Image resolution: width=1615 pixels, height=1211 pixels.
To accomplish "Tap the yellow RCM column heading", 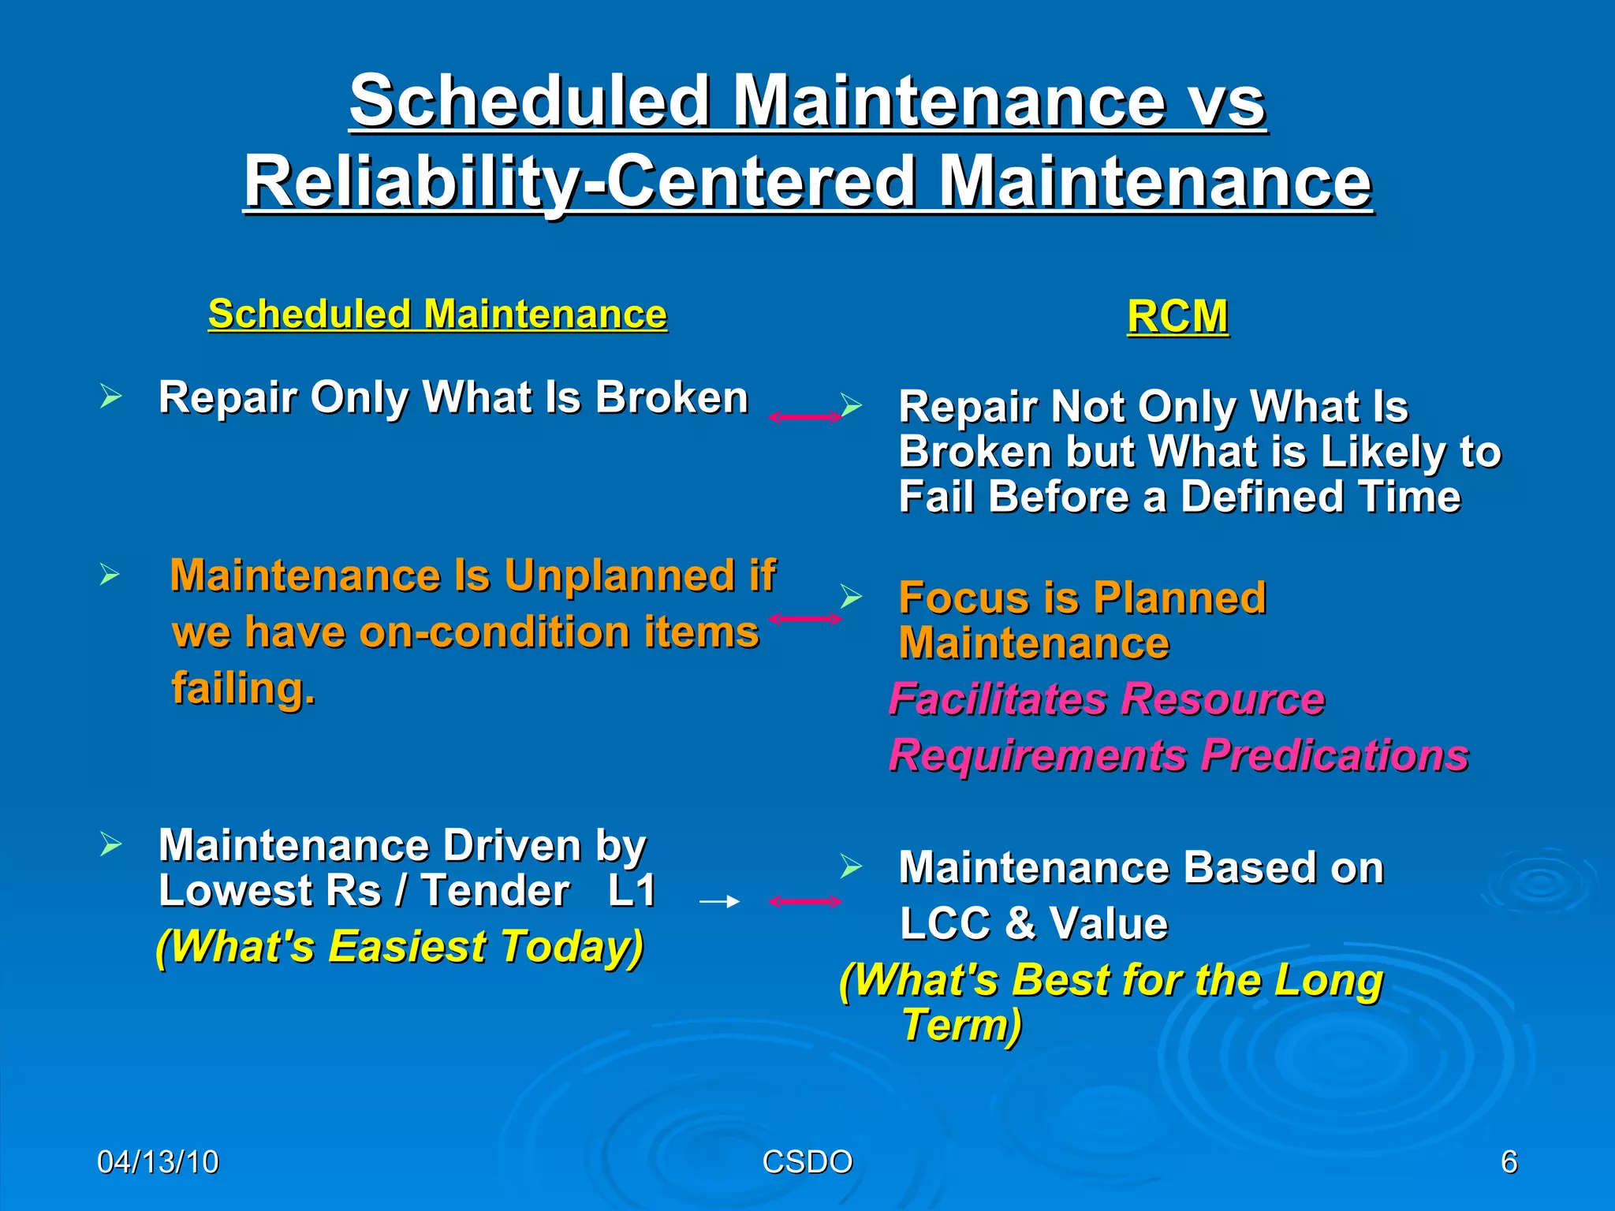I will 1177,317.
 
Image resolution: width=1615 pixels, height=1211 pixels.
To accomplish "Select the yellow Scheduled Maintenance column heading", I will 438,315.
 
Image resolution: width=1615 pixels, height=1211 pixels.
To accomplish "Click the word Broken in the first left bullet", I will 671,397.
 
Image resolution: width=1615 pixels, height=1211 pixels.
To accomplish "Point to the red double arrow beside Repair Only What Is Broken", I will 805,417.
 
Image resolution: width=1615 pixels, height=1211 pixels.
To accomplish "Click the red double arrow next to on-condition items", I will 805,619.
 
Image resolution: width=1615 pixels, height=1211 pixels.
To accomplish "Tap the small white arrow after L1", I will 719,901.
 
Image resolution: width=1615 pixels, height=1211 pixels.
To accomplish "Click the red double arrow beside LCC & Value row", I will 805,901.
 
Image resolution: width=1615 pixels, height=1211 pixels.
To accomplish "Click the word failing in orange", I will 244,689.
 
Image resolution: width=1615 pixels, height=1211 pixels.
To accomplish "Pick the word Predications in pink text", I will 1334,755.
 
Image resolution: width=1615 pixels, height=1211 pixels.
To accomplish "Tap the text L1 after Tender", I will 632,892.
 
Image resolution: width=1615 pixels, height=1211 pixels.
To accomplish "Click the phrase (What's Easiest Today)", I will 400,946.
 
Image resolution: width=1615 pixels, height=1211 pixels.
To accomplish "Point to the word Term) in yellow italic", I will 961,1026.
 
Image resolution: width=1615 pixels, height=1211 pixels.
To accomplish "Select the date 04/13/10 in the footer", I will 158,1162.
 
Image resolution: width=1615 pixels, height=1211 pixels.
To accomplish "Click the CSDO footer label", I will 807,1162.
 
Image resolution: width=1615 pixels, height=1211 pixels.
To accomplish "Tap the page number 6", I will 1509,1162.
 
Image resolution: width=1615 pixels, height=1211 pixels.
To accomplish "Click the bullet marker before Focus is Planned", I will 850,596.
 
